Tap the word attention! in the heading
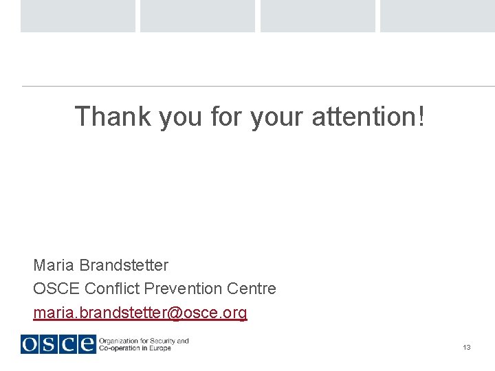(x=368, y=117)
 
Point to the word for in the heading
(x=228, y=117)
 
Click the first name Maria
(x=54, y=265)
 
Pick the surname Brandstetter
(x=124, y=265)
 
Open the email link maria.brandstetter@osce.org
(x=140, y=313)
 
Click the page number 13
(x=467, y=348)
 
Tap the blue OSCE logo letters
(x=58, y=344)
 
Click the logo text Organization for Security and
(x=144, y=340)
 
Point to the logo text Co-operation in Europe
(x=135, y=348)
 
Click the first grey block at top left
(x=78, y=16)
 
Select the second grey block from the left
(x=197, y=16)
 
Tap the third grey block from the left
(x=318, y=16)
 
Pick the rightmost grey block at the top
(x=437, y=16)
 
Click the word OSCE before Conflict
(x=56, y=289)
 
